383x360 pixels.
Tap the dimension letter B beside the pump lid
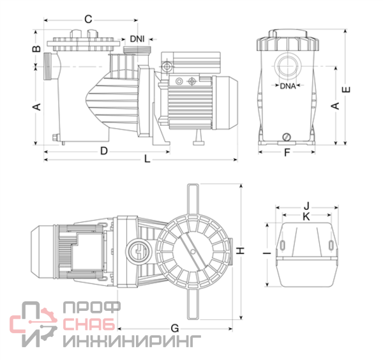(x=37, y=49)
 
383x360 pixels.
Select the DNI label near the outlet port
(x=137, y=39)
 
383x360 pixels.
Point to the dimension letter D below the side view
(x=103, y=151)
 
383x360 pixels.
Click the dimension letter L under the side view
(x=147, y=159)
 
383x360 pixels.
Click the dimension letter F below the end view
(x=287, y=153)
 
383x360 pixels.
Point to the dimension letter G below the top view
(x=174, y=328)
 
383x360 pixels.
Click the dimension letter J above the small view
(x=306, y=206)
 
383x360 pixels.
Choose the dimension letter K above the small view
(x=306, y=217)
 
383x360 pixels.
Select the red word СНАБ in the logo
(x=89, y=325)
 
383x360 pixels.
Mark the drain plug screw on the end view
(x=287, y=136)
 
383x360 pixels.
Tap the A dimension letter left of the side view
(x=37, y=107)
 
